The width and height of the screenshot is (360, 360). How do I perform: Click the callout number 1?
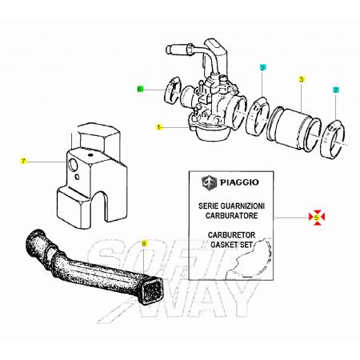coord(159,127)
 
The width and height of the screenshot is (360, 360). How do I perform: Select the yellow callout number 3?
coord(302,79)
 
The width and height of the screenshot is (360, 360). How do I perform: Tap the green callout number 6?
coord(140,90)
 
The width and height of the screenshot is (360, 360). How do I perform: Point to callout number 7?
coord(23,161)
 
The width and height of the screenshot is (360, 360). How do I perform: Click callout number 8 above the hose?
coord(144,243)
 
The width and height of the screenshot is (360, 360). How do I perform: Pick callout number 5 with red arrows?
coord(317,218)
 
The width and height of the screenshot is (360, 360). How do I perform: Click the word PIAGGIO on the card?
coord(239,182)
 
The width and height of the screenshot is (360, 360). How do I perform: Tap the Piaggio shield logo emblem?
coord(209,183)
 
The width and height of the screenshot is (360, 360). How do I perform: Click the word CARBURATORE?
coord(231,215)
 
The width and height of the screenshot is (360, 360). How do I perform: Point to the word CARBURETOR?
coord(231,235)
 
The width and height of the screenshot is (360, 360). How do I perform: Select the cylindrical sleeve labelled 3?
coord(294,127)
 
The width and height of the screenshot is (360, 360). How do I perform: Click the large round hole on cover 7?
coord(73,165)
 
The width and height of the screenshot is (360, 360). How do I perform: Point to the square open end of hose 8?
coord(152,288)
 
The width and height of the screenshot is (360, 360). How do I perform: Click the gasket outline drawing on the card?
coord(250,258)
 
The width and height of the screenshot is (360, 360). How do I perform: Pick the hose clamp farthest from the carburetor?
coord(334,138)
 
